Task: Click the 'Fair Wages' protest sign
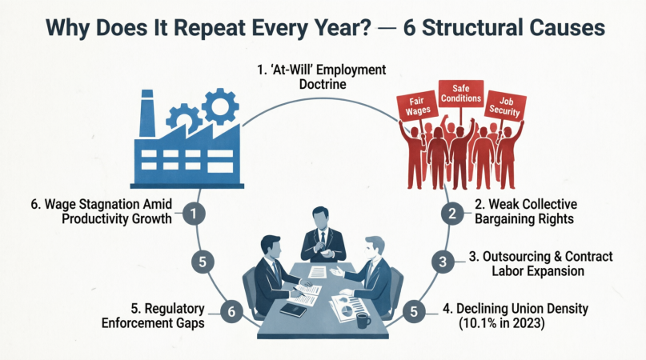pos(417,106)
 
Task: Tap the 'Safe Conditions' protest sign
pos(460,94)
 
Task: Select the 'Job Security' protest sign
pos(505,106)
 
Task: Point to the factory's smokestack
pos(147,114)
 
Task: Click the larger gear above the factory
pos(220,106)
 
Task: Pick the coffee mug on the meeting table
pos(363,321)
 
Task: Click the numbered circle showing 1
pos(194,214)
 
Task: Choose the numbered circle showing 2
pos(452,214)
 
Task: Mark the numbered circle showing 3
pos(443,262)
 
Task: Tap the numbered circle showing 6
pos(231,311)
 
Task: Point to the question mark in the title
pos(363,27)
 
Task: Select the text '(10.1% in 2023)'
pos(502,323)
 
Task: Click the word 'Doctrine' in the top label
pos(323,85)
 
